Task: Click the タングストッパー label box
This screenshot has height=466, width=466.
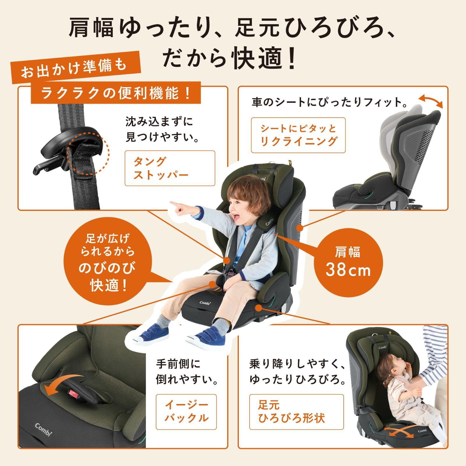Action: (170, 168)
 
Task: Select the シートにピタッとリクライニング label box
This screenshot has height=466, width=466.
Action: (298, 135)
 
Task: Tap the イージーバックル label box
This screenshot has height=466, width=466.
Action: (186, 412)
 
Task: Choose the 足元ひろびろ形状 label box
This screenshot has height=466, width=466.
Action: (296, 412)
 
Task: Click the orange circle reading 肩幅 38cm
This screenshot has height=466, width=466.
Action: (348, 262)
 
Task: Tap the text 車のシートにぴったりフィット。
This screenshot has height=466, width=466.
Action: (329, 103)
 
